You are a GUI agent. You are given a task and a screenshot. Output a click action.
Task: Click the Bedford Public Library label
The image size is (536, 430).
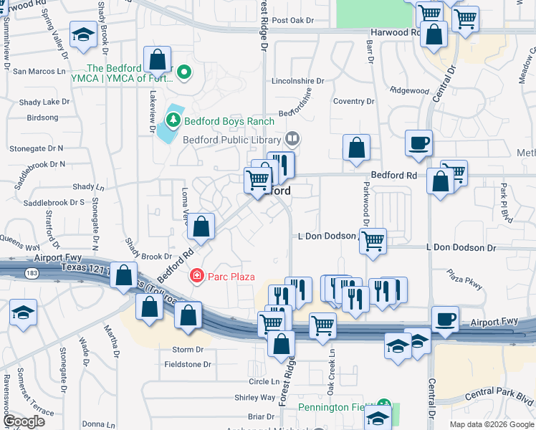click(233, 140)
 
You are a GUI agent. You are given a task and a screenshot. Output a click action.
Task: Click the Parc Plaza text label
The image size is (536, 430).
click(232, 277)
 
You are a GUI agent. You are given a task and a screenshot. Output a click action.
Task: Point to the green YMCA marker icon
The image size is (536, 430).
click(184, 72)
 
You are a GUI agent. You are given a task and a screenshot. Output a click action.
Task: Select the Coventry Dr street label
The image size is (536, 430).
click(354, 102)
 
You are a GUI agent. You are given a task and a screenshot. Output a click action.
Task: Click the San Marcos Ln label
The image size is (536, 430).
click(39, 71)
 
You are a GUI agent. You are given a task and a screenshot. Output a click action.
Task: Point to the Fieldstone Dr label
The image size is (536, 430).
click(187, 364)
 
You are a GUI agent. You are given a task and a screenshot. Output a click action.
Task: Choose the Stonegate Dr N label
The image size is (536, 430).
click(37, 148)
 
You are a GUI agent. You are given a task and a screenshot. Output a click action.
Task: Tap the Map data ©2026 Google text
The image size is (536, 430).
click(491, 424)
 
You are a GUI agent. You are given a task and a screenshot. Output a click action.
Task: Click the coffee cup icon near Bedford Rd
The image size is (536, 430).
click(418, 142)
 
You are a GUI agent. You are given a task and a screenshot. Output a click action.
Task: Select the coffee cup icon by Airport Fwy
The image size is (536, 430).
click(444, 318)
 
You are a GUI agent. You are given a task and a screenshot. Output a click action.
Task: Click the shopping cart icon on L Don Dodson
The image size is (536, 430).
click(373, 242)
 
